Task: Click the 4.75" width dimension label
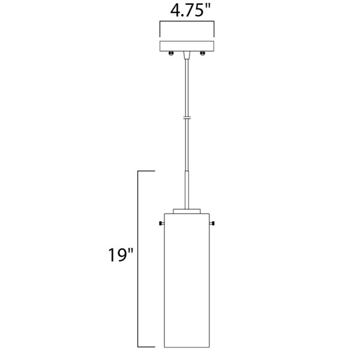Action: pos(190,11)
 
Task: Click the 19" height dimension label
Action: pos(121,255)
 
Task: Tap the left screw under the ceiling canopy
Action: pos(171,53)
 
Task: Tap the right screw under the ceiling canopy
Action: pos(203,53)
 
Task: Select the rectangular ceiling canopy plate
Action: pos(187,46)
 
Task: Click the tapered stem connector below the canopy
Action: pos(187,55)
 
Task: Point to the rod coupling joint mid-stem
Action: pos(187,118)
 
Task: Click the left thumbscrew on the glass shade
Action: pos(161,223)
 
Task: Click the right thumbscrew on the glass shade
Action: pos(212,223)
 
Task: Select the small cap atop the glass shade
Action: pos(187,211)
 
